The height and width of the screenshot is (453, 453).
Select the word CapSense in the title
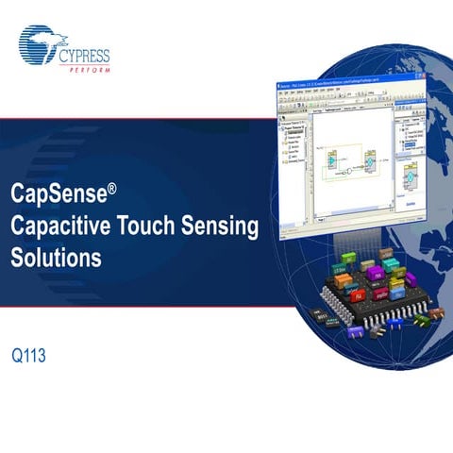[x=59, y=193]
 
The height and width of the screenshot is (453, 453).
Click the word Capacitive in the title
[x=59, y=226]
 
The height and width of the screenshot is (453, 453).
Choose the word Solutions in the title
[x=56, y=257]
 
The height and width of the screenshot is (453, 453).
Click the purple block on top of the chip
[x=375, y=273]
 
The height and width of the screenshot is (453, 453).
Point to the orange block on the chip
[x=343, y=280]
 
